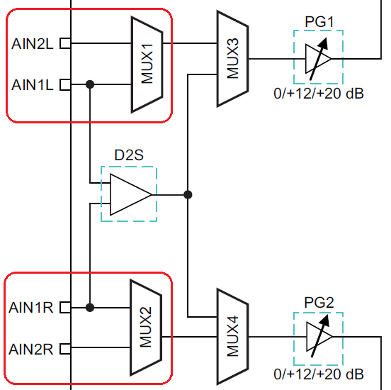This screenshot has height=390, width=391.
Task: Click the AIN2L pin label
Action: pyautogui.click(x=33, y=44)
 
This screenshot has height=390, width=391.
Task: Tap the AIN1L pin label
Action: pyautogui.click(x=33, y=84)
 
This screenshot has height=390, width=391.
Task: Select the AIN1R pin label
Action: pyautogui.click(x=31, y=307)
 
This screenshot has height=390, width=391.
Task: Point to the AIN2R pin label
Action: pyautogui.click(x=31, y=349)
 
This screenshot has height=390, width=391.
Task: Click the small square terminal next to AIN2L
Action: pyautogui.click(x=65, y=43)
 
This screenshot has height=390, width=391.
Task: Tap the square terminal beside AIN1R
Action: pyautogui.click(x=65, y=307)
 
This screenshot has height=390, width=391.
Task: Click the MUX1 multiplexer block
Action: pyautogui.click(x=147, y=65)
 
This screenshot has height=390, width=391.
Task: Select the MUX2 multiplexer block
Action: pyautogui.click(x=146, y=328)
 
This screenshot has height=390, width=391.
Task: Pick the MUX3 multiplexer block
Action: pyautogui.click(x=232, y=59)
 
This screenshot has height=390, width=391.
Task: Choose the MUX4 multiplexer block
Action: pyautogui.click(x=232, y=337)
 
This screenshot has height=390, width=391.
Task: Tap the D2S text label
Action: pyautogui.click(x=129, y=155)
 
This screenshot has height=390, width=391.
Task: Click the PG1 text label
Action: pyautogui.click(x=319, y=22)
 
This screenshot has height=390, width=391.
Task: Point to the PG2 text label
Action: pyautogui.click(x=319, y=303)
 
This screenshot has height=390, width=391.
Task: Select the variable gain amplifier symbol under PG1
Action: pyautogui.click(x=319, y=59)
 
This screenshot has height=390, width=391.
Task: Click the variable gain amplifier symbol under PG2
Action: pyautogui.click(x=319, y=337)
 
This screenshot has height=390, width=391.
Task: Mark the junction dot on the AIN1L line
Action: pyautogui.click(x=90, y=84)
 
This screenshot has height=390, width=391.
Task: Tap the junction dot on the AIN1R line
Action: pyautogui.click(x=90, y=307)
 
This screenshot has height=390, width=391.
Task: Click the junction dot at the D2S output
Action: pyautogui.click(x=188, y=194)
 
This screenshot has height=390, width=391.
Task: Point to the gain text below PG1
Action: pyautogui.click(x=319, y=94)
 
